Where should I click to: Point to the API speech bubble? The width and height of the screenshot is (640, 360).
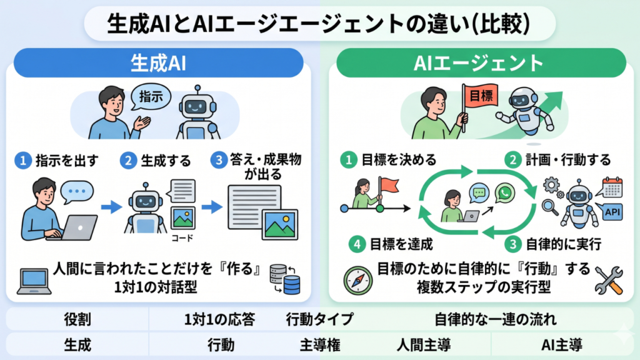(x=613, y=212)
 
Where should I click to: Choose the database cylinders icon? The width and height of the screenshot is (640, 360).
(x=286, y=279)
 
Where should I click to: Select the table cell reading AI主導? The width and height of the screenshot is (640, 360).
(x=562, y=344)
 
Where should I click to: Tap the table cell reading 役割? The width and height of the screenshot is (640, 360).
(x=77, y=319)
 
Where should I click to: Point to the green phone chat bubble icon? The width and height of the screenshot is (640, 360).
(x=503, y=192)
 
